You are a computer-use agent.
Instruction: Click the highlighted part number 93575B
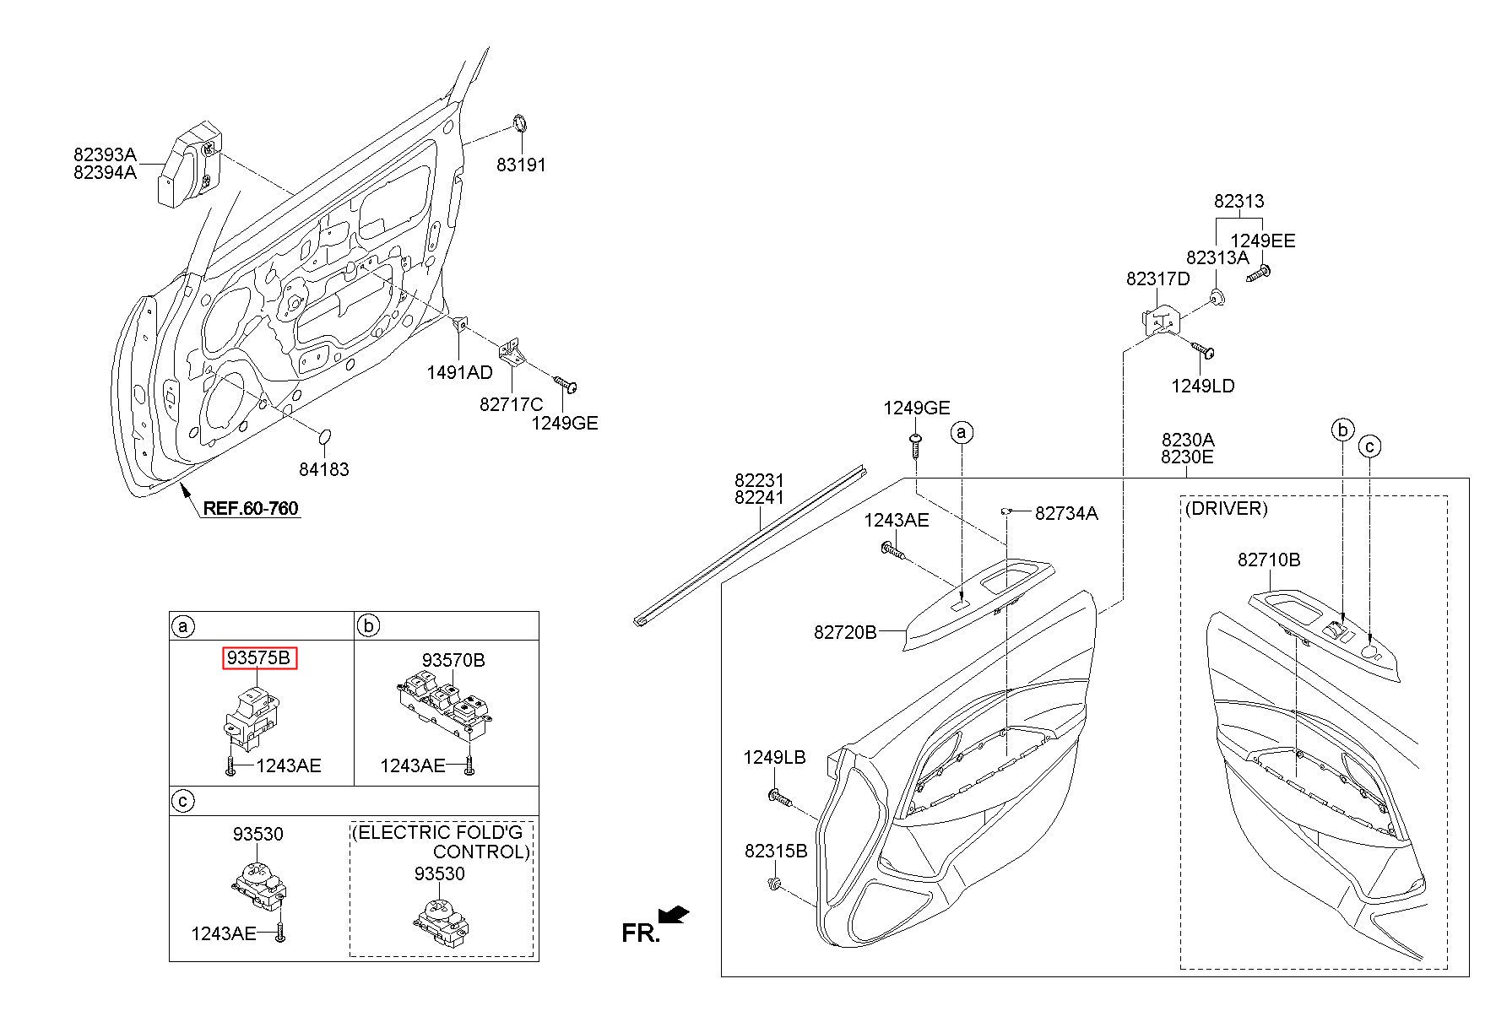point(260,658)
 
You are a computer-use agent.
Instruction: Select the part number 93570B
point(453,660)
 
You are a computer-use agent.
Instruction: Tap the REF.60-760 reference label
point(251,508)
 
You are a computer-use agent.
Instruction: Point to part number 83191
point(521,165)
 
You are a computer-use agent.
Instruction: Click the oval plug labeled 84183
point(324,437)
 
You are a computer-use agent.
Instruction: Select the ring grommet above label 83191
point(521,124)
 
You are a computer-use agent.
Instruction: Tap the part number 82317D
point(1157,278)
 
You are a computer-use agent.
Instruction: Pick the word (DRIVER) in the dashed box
point(1226,508)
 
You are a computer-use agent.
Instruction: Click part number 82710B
point(1269,560)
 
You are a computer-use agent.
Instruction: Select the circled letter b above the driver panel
point(1342,430)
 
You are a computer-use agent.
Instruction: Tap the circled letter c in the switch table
point(182,801)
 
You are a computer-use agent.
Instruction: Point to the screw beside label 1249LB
point(778,797)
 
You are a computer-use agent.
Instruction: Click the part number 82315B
point(776,851)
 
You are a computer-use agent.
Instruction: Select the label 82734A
point(1066,513)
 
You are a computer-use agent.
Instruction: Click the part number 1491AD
point(459,373)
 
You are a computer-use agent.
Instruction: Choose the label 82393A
point(105,154)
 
